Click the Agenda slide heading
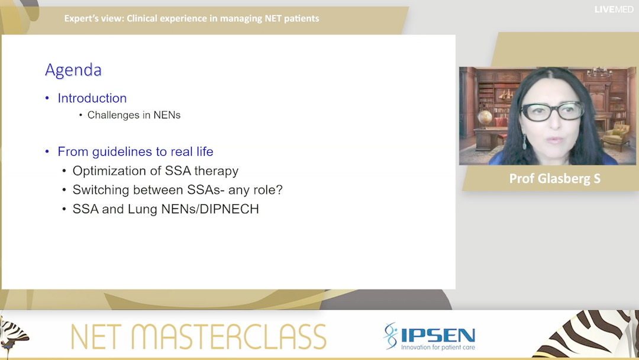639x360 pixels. (73, 70)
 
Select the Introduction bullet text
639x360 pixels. (92, 98)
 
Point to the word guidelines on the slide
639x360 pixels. (120, 152)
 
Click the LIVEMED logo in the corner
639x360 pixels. (614, 9)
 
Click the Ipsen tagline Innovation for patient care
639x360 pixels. (438, 347)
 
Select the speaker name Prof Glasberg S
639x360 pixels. (554, 178)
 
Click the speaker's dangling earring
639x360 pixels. (524, 142)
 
